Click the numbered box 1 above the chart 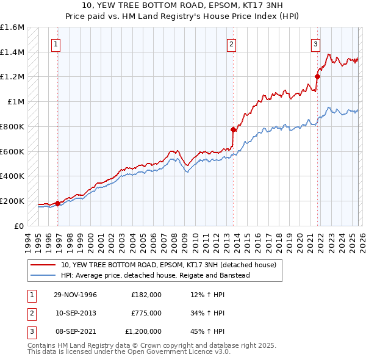56,43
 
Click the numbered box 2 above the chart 232,43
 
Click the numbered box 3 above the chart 315,43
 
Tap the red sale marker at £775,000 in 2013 233,129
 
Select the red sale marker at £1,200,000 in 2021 317,76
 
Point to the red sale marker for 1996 57,203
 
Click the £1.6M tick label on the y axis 12,27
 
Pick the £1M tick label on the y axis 16,102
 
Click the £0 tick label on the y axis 20,226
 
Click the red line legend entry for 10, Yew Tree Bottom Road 168,265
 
